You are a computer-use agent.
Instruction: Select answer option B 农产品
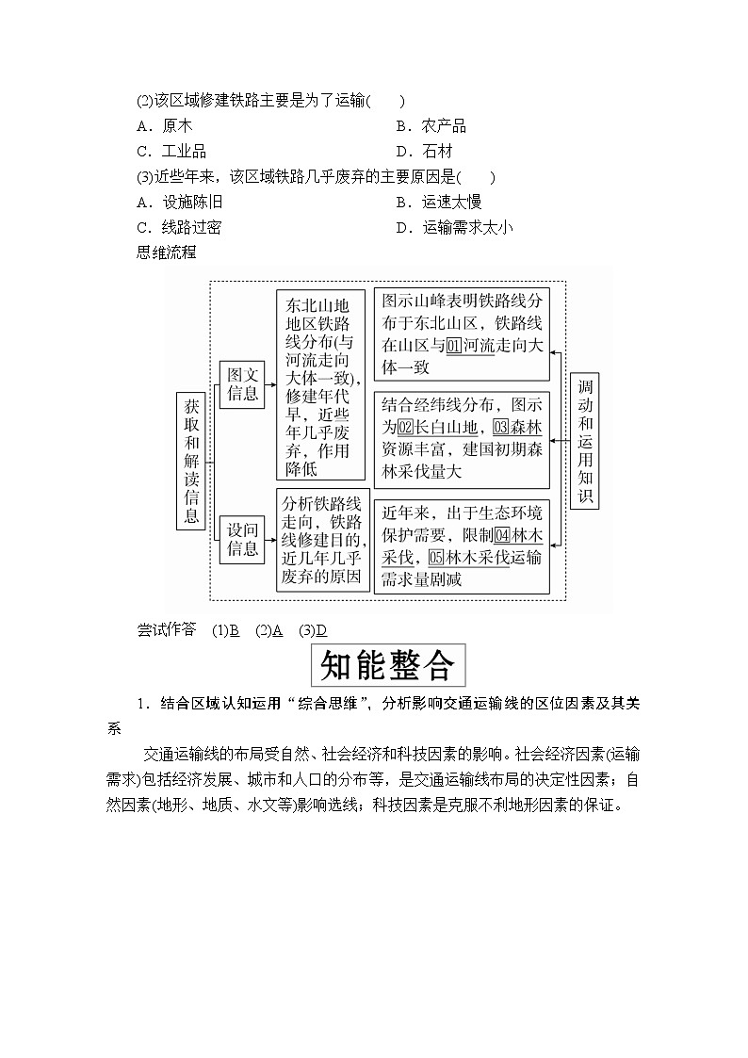(431, 126)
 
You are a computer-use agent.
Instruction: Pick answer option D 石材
(424, 152)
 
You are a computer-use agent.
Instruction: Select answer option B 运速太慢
(439, 202)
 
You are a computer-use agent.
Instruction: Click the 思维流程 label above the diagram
(167, 252)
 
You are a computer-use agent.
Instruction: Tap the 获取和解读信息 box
(191, 461)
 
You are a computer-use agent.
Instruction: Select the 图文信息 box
(242, 384)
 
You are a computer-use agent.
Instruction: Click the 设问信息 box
(242, 539)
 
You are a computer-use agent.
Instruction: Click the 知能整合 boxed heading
(387, 666)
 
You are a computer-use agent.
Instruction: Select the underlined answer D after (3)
(321, 630)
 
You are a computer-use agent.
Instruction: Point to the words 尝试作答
(167, 630)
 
